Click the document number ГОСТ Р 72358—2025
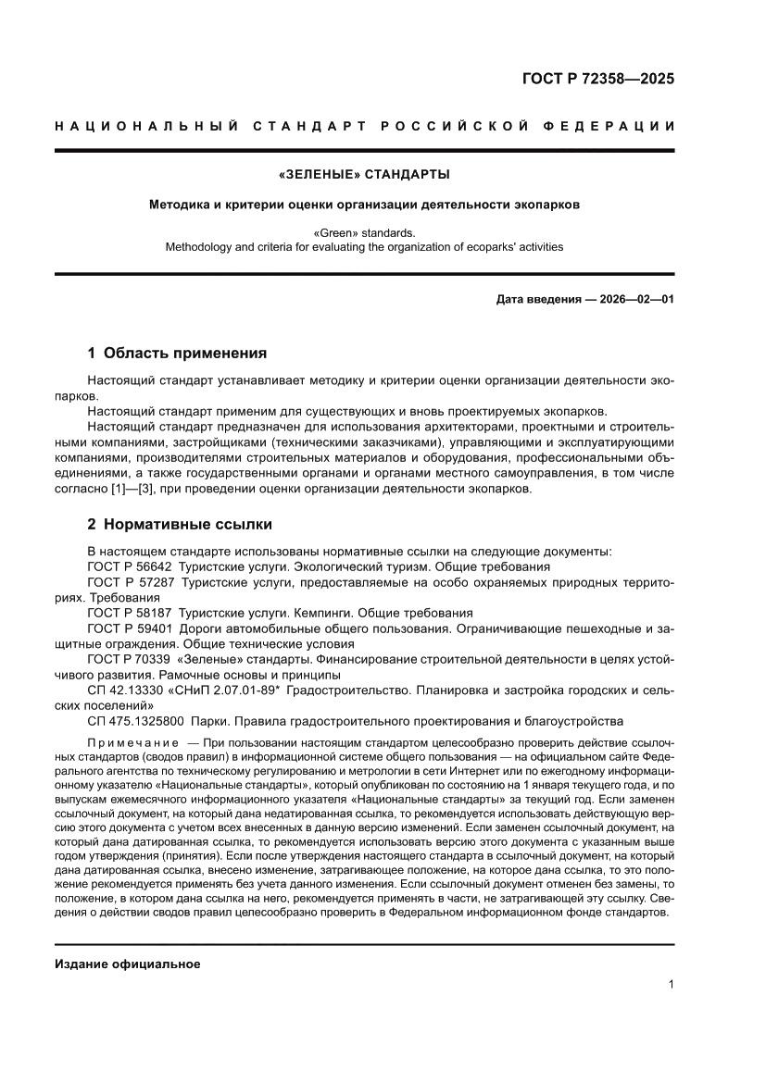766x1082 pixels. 599,79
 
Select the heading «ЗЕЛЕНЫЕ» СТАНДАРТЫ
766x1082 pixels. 364,174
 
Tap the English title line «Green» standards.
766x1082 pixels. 364,233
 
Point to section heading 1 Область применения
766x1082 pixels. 177,353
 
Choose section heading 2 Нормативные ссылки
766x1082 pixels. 180,525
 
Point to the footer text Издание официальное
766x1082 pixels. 128,964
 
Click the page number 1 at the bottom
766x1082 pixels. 671,985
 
